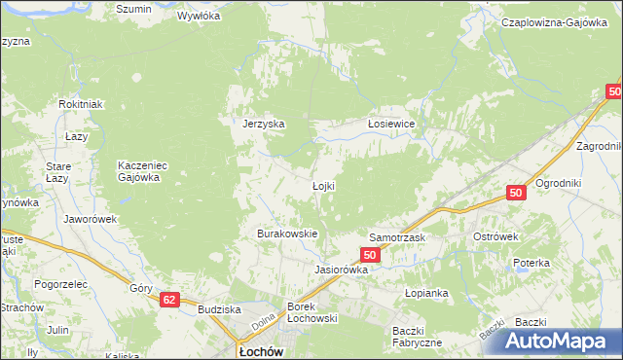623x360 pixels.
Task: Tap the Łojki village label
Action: click(323, 186)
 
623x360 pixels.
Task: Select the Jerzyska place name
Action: click(263, 125)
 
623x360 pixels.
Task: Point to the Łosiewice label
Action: click(391, 125)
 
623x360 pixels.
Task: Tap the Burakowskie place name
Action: click(287, 234)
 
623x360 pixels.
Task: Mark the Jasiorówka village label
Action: click(341, 270)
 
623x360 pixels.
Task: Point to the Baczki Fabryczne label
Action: click(418, 336)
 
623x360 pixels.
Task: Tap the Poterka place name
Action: click(532, 263)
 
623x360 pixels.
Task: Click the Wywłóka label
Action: click(200, 17)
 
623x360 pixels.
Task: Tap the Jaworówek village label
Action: click(90, 219)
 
